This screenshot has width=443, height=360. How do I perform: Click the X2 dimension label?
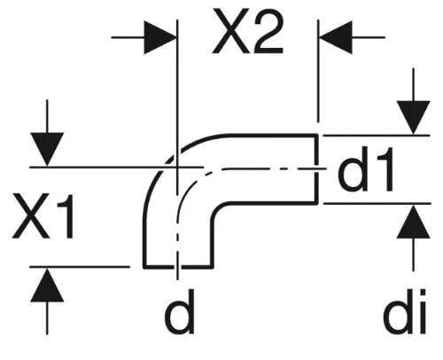pos(247,32)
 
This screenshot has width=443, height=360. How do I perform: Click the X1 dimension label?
pos(43,216)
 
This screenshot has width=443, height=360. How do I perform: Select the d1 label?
pos(366,169)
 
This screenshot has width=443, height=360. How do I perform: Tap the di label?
pos(405,311)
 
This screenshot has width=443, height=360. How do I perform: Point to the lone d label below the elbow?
pos(179,311)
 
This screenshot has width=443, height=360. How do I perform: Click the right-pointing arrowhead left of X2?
pos(159,37)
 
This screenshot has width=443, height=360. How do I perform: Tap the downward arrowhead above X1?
pos(47,149)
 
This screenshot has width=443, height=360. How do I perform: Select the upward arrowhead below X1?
pos(47,286)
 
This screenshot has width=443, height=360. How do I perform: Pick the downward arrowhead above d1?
pos(413,118)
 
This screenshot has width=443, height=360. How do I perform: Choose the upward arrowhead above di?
pos(413,222)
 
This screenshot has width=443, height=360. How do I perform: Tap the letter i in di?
pos(421,311)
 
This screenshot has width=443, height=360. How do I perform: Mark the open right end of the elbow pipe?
pos(316,168)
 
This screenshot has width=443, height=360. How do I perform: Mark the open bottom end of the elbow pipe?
pos(178,267)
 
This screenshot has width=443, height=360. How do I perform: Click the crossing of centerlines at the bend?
pos(177,168)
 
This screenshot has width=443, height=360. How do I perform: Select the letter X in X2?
pos(230,32)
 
